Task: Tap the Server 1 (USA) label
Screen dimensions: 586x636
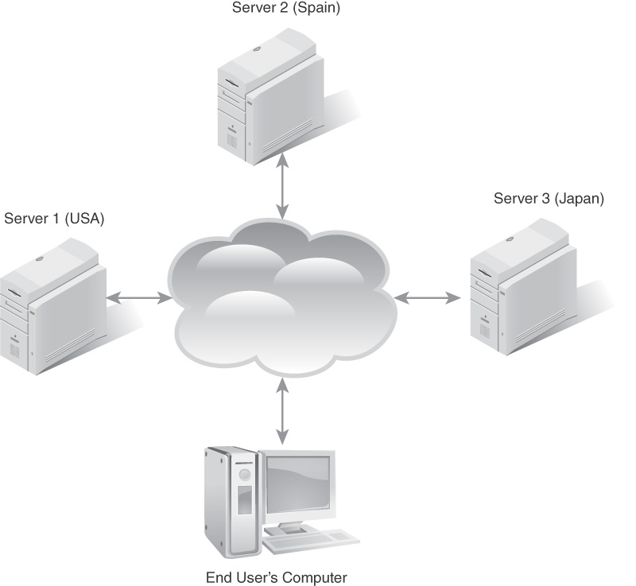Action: (x=55, y=218)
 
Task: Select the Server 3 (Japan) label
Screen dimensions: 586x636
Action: (x=549, y=199)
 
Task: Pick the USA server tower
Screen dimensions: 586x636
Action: (x=52, y=314)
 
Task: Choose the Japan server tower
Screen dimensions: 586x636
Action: (x=521, y=294)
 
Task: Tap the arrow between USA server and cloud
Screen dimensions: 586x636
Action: (x=138, y=298)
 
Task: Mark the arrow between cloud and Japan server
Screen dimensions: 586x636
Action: (x=428, y=298)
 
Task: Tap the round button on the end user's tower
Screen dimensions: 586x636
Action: (x=245, y=475)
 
